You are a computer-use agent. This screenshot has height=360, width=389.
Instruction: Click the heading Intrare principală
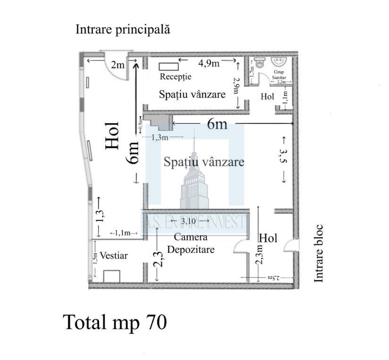point(123,30)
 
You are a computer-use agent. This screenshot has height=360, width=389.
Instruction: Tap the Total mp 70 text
point(115,322)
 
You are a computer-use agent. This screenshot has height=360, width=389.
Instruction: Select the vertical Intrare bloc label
point(320,254)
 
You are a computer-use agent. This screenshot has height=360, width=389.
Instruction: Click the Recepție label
point(175,77)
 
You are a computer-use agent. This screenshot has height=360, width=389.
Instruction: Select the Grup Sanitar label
point(278,75)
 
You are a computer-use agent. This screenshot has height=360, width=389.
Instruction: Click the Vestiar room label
point(113,256)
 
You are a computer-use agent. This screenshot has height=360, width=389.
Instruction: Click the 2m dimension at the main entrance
point(117,65)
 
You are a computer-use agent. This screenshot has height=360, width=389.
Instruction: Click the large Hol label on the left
point(112,136)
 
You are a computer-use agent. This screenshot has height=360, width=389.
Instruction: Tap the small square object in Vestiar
point(112,276)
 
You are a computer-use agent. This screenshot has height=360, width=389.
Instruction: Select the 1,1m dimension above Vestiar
point(124,233)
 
